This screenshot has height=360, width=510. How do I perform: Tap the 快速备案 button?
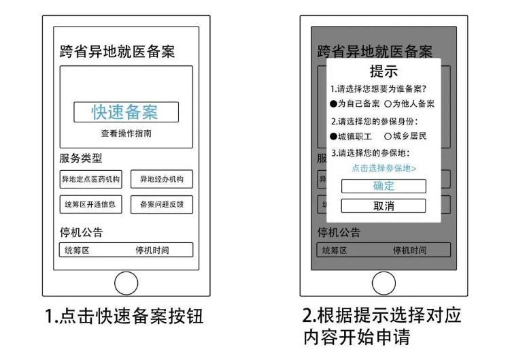(126, 112)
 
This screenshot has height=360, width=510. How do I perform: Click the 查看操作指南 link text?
(126, 133)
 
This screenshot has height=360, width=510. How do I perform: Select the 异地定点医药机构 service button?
(90, 179)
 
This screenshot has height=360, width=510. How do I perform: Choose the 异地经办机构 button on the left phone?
(162, 179)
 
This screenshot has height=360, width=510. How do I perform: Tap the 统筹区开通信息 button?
(90, 204)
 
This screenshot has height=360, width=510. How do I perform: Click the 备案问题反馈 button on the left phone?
(162, 204)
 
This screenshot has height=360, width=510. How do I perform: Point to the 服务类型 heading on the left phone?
(81, 158)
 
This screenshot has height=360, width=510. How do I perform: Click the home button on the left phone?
(126, 283)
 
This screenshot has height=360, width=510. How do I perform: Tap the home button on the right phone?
(384, 283)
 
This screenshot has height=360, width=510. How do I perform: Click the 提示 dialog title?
(384, 71)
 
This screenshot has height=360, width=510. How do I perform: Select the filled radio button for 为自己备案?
(333, 104)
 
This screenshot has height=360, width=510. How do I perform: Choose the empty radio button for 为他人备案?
(388, 104)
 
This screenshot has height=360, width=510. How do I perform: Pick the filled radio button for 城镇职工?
(333, 136)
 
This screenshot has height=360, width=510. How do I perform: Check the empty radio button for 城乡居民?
(388, 136)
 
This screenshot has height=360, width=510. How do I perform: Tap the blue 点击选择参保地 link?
(384, 168)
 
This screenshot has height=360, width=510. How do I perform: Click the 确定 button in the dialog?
(384, 186)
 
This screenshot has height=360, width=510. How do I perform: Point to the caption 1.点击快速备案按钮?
(124, 316)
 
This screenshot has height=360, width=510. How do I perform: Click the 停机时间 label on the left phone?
(152, 250)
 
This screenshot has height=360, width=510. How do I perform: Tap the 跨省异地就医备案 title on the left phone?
(117, 52)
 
